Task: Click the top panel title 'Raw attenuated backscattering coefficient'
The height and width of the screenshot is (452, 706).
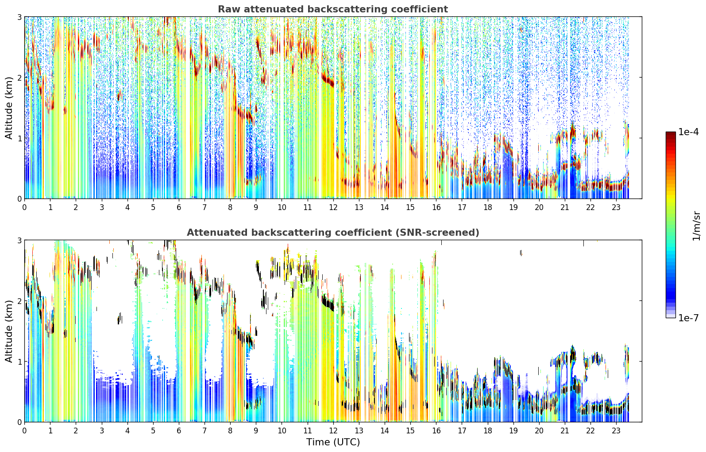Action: tap(333, 9)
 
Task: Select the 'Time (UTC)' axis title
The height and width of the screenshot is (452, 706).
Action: tap(333, 442)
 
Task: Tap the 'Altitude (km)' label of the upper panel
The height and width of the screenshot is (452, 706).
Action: tap(9, 108)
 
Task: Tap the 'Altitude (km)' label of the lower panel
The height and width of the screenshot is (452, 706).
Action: tap(9, 331)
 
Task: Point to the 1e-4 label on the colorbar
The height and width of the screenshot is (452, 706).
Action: tap(688, 132)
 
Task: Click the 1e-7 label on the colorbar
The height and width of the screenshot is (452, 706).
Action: tap(688, 318)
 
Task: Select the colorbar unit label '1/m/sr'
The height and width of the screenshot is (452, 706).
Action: tap(696, 226)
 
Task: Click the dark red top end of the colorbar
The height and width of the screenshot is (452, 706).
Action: tap(671, 133)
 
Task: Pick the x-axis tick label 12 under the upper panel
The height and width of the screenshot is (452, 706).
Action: tap(333, 207)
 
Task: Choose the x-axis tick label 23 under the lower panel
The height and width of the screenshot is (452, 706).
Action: tap(616, 431)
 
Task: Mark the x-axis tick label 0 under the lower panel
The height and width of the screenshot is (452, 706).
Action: tap(25, 431)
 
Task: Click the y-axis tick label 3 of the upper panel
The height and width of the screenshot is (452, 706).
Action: tap(19, 17)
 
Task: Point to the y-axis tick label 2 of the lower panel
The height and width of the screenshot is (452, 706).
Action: tap(19, 301)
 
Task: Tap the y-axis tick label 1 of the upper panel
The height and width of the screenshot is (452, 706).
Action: tap(19, 138)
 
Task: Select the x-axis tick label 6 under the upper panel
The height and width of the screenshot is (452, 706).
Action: tap(179, 207)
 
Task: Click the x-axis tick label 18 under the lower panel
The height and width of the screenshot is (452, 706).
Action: tap(488, 431)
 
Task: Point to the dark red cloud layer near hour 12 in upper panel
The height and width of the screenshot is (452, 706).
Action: tap(328, 79)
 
